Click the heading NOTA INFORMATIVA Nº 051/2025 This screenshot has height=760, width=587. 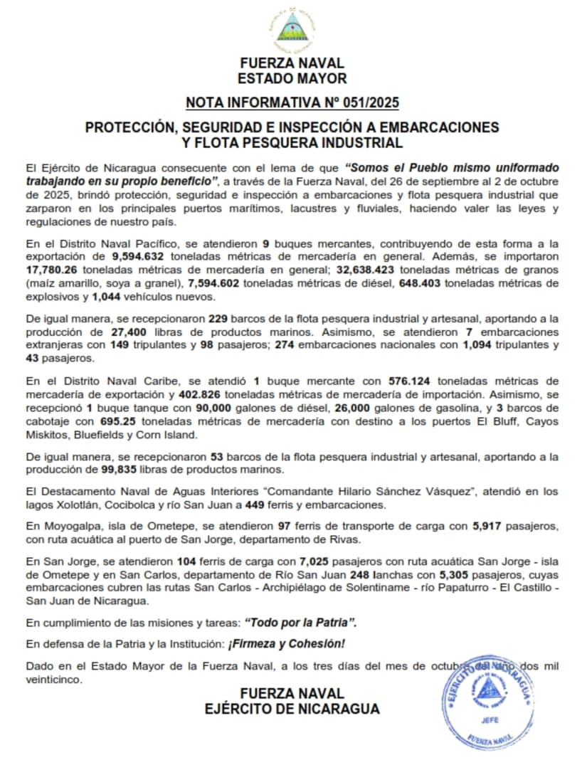(292, 102)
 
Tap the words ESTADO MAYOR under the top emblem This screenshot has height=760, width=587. (292, 78)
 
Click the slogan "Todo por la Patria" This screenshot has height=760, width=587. (300, 621)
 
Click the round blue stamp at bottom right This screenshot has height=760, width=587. (485, 702)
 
